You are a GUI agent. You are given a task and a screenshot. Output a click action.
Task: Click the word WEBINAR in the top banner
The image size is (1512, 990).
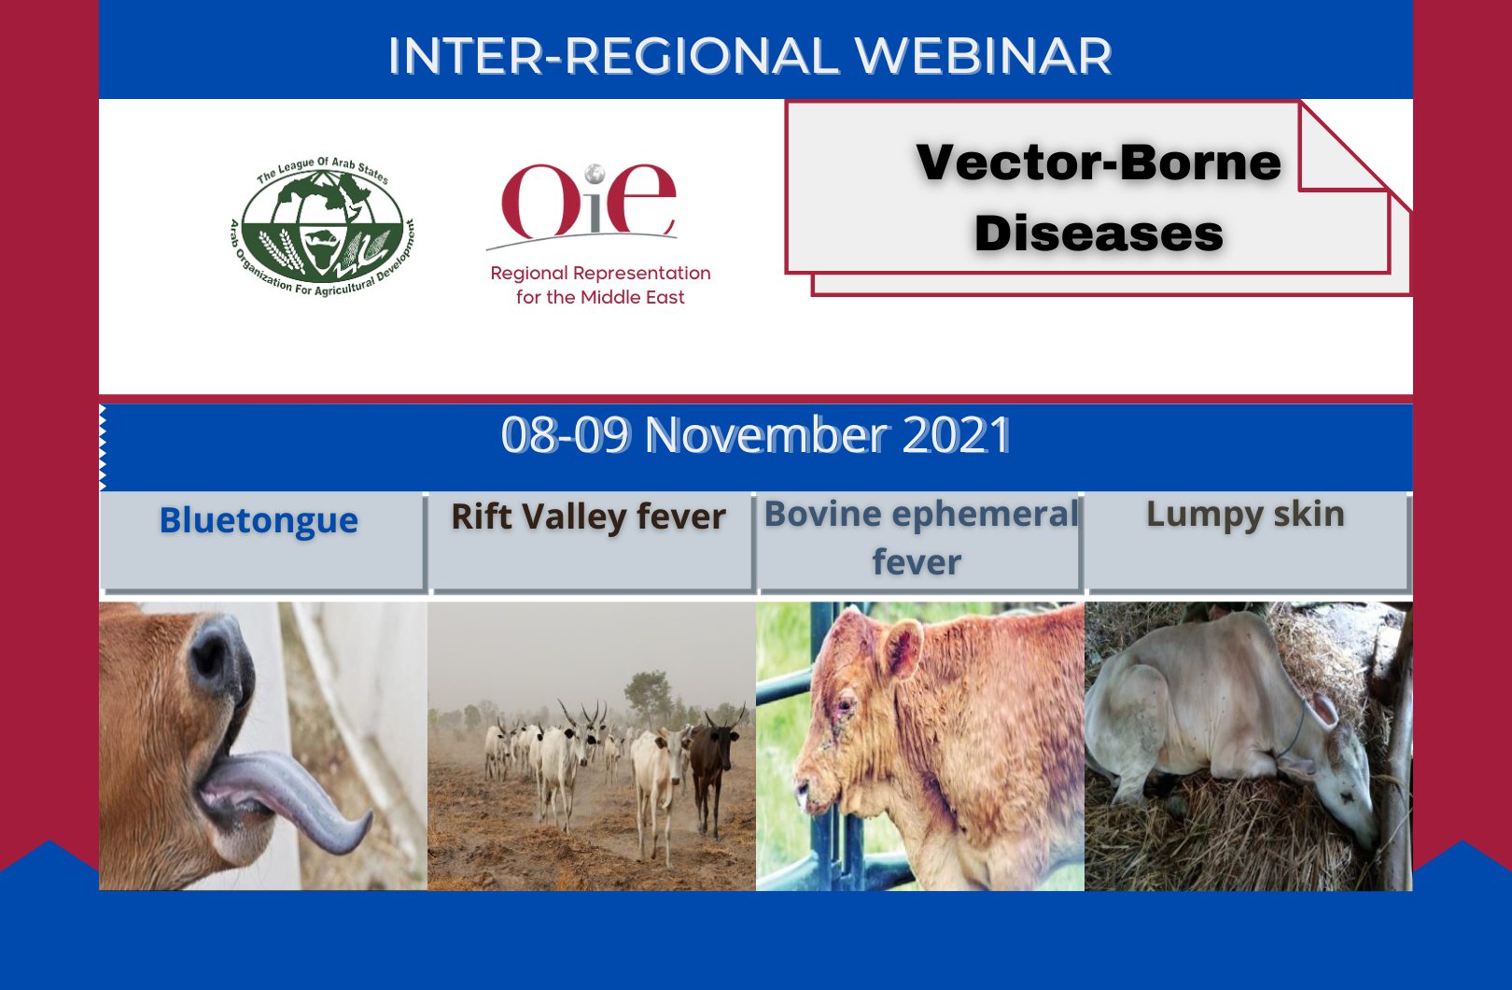point(983,55)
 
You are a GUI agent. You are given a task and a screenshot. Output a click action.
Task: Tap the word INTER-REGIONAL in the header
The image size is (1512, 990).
point(613,55)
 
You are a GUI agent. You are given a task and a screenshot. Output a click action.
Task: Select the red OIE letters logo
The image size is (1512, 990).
point(588,201)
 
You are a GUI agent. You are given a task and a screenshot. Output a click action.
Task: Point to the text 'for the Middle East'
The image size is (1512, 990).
point(600,297)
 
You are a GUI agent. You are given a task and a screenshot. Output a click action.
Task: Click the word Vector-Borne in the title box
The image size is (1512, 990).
point(1099,163)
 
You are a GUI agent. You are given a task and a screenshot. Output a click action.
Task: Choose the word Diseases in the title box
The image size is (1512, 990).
point(1099,233)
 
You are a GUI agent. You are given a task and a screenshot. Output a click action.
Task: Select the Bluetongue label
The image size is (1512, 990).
point(259,520)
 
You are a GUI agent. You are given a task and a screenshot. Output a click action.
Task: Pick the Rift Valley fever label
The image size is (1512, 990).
point(588,516)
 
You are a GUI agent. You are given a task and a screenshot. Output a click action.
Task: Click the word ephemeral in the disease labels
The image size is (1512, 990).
point(987,515)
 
